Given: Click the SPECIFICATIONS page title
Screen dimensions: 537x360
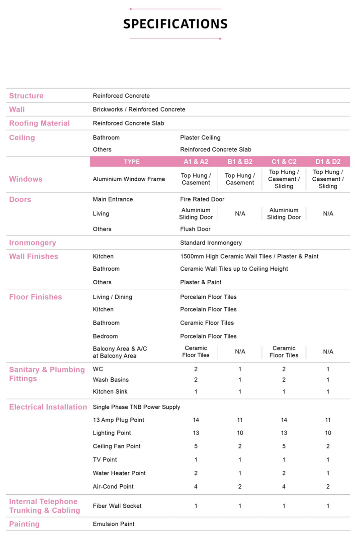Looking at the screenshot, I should pyautogui.click(x=175, y=24).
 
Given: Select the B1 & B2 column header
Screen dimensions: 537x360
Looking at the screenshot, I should pyautogui.click(x=240, y=162).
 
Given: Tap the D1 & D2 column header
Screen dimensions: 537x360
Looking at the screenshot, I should pyautogui.click(x=328, y=162).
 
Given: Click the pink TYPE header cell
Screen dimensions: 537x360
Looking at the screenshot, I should pyautogui.click(x=132, y=162).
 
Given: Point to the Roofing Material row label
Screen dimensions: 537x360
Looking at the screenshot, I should pyautogui.click(x=40, y=123).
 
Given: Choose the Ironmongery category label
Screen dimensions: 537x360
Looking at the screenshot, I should pyautogui.click(x=33, y=243).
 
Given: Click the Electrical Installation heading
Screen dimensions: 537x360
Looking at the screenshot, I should pyautogui.click(x=48, y=407).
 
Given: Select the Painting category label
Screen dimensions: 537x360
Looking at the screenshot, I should pyautogui.click(x=24, y=524).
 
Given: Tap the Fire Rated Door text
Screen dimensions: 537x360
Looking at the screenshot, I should pyautogui.click(x=202, y=199).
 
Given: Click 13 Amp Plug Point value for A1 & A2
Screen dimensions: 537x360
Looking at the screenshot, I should pyautogui.click(x=196, y=420).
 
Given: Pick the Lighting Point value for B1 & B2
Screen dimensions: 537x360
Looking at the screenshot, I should pyautogui.click(x=240, y=433).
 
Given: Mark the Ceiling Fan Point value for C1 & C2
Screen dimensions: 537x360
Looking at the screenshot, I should pyautogui.click(x=284, y=446).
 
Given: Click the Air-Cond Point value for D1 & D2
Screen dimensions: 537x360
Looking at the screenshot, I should pyautogui.click(x=328, y=487).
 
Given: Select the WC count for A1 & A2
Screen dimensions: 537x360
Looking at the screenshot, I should pyautogui.click(x=196, y=369).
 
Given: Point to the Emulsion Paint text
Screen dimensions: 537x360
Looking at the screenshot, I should pyautogui.click(x=113, y=524).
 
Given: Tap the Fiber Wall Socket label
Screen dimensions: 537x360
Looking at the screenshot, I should pyautogui.click(x=117, y=506).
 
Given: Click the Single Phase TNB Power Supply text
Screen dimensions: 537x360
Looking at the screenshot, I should pyautogui.click(x=136, y=407).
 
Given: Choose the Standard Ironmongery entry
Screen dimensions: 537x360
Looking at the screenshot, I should pyautogui.click(x=211, y=243).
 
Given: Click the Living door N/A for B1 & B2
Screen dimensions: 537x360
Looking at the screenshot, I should pyautogui.click(x=240, y=214).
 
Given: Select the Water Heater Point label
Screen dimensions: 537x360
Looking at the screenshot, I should pyautogui.click(x=119, y=473).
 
